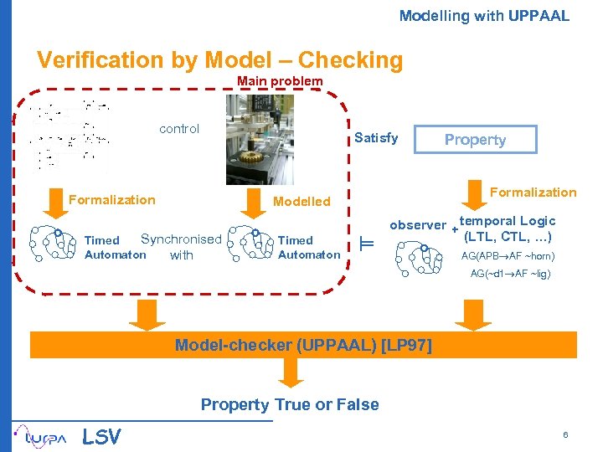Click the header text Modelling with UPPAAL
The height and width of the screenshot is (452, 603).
pyautogui.click(x=483, y=16)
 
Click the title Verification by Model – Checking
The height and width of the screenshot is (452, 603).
pyautogui.click(x=219, y=60)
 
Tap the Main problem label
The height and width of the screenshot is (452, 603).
pyautogui.click(x=279, y=81)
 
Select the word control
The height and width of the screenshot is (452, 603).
pyautogui.click(x=179, y=129)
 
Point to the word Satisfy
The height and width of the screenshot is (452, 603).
pyautogui.click(x=376, y=138)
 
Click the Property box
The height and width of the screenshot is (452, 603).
pyautogui.click(x=475, y=140)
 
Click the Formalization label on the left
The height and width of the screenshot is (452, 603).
pyautogui.click(x=111, y=200)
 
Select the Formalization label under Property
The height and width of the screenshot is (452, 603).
pyautogui.click(x=533, y=193)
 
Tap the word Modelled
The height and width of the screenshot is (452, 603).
pyautogui.click(x=301, y=202)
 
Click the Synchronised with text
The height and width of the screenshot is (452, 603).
pyautogui.click(x=181, y=247)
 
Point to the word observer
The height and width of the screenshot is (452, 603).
pyautogui.click(x=417, y=225)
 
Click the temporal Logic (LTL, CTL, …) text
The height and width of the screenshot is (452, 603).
pyautogui.click(x=508, y=229)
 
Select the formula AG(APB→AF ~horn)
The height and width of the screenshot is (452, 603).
pyautogui.click(x=508, y=256)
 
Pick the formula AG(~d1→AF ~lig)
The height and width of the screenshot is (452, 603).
pyautogui.click(x=510, y=274)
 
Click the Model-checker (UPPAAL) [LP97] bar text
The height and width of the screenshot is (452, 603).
pyautogui.click(x=302, y=345)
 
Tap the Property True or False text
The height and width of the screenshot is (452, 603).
pyautogui.click(x=290, y=405)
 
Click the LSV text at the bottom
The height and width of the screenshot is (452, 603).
pyautogui.click(x=101, y=436)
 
